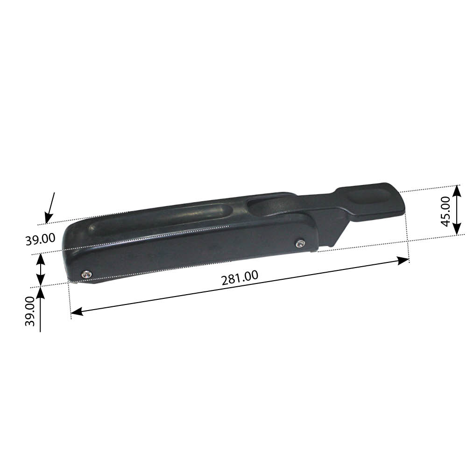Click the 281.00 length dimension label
[240, 278]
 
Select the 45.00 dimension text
[446, 212]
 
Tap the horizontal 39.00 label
[40, 239]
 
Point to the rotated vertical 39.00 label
[30, 311]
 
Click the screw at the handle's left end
[87, 274]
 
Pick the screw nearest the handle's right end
[300, 244]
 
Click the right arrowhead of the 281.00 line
[403, 261]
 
